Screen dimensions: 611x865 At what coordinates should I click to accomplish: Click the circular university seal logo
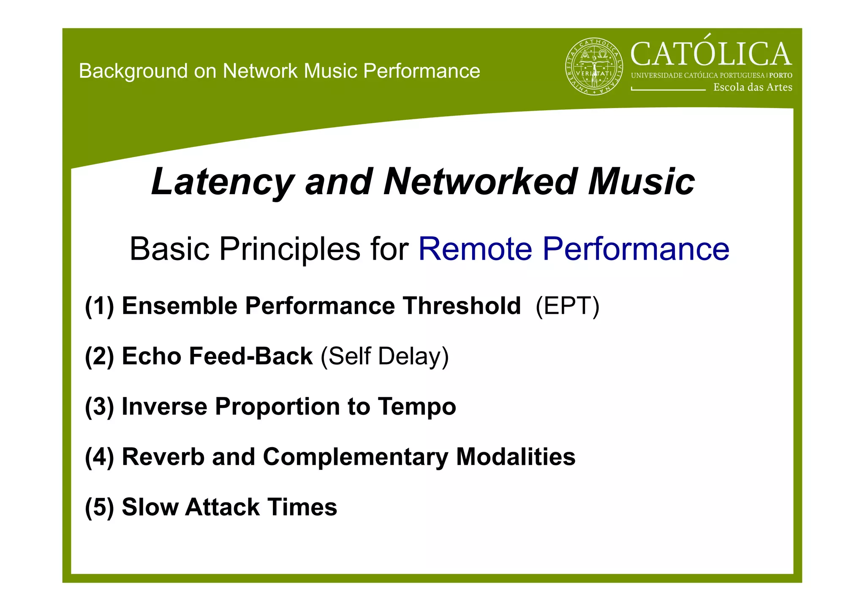[594, 67]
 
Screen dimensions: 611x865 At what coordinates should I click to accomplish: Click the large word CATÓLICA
[711, 54]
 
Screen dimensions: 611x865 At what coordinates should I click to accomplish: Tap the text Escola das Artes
[753, 87]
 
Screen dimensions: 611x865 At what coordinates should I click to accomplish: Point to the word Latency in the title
[222, 182]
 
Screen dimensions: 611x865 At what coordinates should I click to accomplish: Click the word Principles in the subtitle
[289, 249]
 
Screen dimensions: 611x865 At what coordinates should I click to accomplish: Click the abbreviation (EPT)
[567, 306]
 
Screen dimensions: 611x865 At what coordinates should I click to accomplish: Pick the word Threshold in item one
[461, 306]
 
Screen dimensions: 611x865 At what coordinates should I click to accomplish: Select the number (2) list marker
[99, 356]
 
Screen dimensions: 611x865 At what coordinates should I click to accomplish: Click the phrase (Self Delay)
[384, 356]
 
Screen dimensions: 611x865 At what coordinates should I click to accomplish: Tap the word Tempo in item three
[416, 406]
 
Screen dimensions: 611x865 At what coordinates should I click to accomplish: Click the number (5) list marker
[99, 507]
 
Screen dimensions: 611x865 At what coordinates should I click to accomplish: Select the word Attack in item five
[222, 507]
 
